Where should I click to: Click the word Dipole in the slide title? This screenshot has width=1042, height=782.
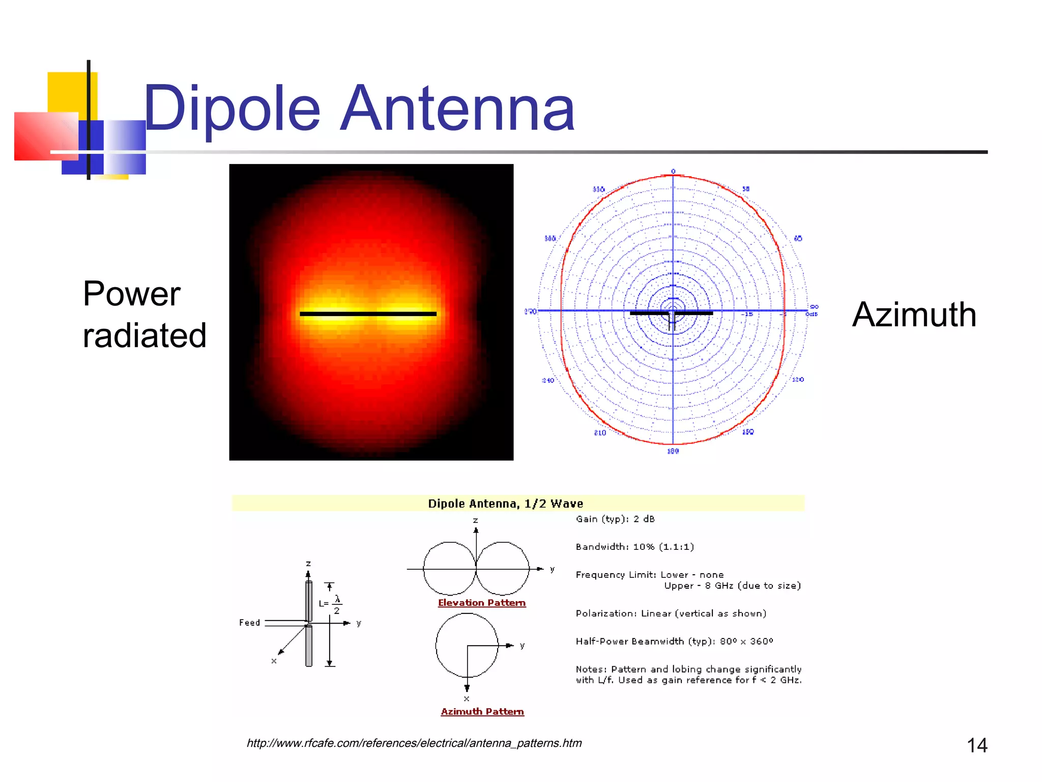click(x=231, y=108)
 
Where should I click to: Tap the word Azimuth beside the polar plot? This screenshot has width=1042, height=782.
click(x=914, y=315)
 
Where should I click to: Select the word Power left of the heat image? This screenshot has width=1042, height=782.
click(x=131, y=294)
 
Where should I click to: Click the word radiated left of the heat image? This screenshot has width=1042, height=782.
click(x=144, y=336)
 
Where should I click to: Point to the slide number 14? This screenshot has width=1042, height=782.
click(x=976, y=745)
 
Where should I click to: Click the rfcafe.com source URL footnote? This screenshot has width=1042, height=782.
click(x=414, y=743)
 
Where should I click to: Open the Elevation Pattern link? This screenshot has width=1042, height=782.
click(x=481, y=603)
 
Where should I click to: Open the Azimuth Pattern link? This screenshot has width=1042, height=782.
click(x=482, y=712)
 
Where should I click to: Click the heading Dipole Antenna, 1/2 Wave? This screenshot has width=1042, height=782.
click(x=505, y=504)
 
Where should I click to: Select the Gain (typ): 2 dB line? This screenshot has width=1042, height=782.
click(x=615, y=519)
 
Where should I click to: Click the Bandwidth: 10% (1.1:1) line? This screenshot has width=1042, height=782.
click(x=634, y=547)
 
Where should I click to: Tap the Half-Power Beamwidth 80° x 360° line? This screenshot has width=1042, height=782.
click(x=674, y=641)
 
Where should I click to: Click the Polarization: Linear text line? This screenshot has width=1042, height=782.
click(x=671, y=613)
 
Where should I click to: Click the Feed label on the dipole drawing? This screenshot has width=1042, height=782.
click(x=249, y=623)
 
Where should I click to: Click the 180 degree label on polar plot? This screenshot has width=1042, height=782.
click(x=673, y=451)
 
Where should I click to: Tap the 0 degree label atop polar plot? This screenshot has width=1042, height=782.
click(x=673, y=172)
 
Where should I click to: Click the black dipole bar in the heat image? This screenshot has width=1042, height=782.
click(x=368, y=314)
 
